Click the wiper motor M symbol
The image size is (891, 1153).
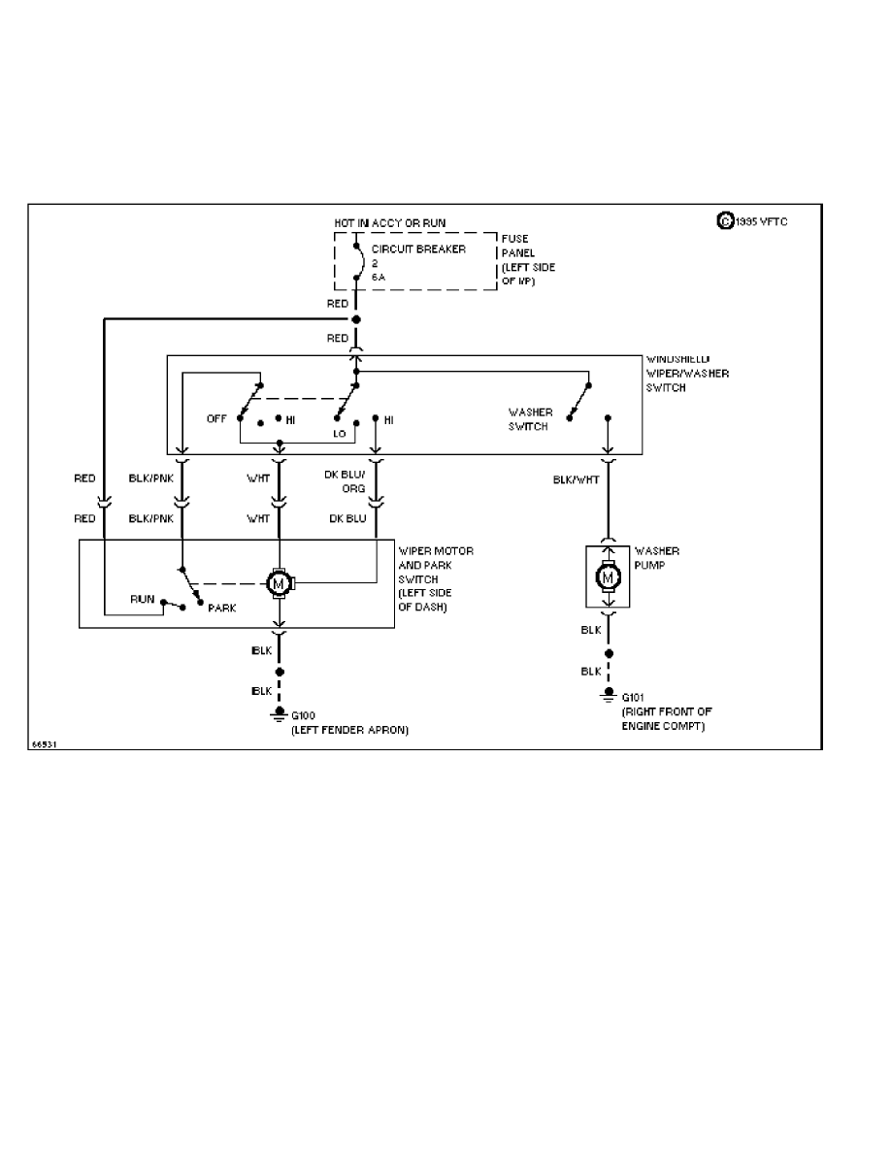point(280,583)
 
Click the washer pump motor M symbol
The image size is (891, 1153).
point(609,578)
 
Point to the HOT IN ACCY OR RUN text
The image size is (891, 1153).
point(390,223)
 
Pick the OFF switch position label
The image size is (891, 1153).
point(215,419)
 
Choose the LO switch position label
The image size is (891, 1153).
point(340,433)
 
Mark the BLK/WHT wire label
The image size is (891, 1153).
point(575,479)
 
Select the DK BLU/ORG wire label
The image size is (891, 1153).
point(346,481)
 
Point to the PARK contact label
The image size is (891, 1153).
point(222,609)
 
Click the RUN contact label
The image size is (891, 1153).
point(143,599)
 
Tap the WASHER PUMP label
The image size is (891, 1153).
point(656,557)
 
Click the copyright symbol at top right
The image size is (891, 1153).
point(724,221)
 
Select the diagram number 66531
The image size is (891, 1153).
point(45,744)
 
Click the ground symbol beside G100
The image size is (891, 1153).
point(280,717)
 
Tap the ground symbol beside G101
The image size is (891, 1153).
point(609,696)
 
